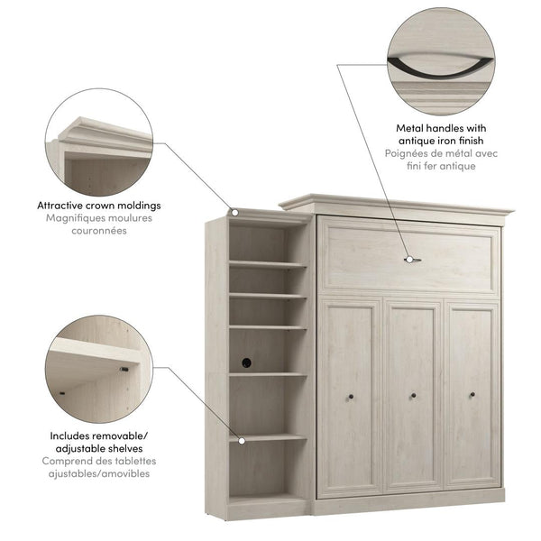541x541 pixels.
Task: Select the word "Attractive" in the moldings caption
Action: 65,205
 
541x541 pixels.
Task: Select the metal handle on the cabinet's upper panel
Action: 412,260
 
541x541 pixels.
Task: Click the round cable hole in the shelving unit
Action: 245,362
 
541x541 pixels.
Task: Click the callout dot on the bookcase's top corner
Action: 234,213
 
